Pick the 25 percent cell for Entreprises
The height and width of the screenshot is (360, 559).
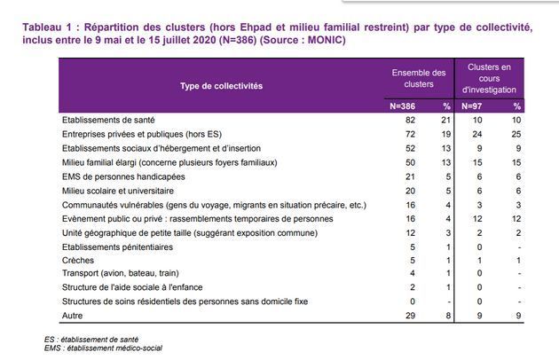click(516, 132)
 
